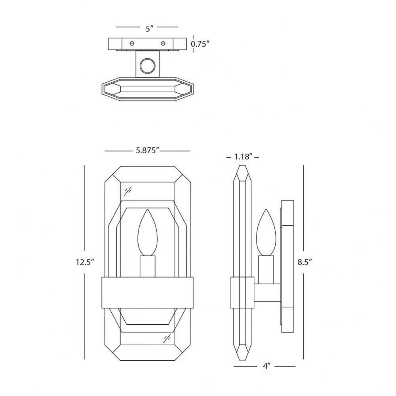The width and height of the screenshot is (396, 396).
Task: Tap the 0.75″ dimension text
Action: pos(200,44)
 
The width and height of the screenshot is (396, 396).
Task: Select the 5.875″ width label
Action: pos(147,150)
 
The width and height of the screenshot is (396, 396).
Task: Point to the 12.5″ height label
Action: pos(85,262)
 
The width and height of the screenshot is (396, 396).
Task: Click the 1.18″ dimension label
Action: pos(243,157)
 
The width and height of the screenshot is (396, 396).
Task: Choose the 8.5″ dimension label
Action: pos(304,262)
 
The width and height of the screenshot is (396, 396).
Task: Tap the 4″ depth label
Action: pos(267,366)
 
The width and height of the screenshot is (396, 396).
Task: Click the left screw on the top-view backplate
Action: pos(131,43)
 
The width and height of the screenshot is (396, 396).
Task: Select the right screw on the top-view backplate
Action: pos(163,43)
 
